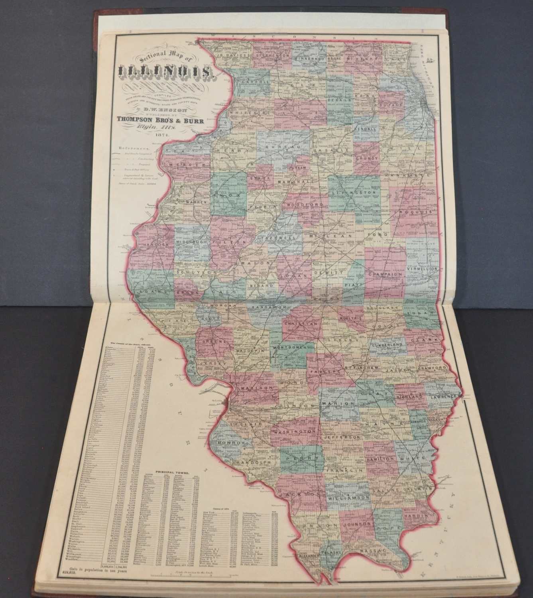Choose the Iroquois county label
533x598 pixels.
click(x=416, y=212)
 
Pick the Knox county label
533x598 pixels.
click(x=228, y=196)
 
